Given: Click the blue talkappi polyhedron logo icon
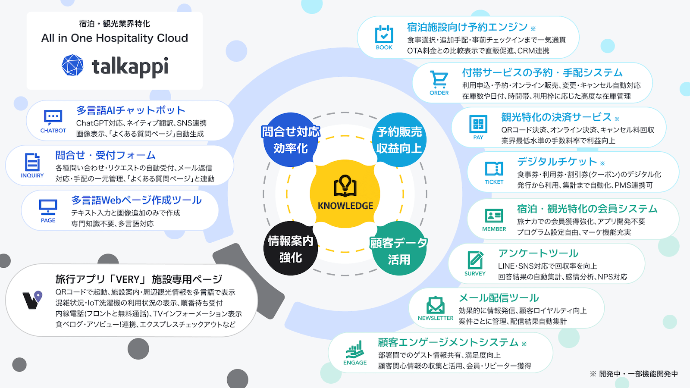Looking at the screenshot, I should (x=72, y=65).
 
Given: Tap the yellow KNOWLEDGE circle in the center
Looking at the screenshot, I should (x=345, y=194).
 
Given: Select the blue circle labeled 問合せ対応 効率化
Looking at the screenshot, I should (x=291, y=140).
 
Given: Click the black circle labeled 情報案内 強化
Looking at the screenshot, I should (x=291, y=248).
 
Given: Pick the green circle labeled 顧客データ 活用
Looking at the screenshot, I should (x=399, y=249).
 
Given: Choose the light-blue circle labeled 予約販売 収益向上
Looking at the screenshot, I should (x=399, y=140).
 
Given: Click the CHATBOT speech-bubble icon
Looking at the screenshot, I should (x=53, y=117).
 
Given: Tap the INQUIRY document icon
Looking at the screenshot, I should (x=32, y=162).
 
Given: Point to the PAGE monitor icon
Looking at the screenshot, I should (x=48, y=207).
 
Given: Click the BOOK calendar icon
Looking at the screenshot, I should (x=384, y=34).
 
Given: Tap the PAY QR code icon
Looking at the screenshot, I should (x=478, y=124).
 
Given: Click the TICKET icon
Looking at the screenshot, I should (x=494, y=169).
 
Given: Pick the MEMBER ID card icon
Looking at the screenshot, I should (x=494, y=216).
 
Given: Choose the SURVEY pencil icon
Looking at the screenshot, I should (x=475, y=260).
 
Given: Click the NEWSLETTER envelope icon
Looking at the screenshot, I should (x=436, y=305).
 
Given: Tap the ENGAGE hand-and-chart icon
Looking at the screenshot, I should (x=355, y=350).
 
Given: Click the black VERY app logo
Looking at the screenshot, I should (x=32, y=300).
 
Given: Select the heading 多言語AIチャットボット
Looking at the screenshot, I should (x=131, y=110).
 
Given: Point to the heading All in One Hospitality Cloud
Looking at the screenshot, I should (x=115, y=38).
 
